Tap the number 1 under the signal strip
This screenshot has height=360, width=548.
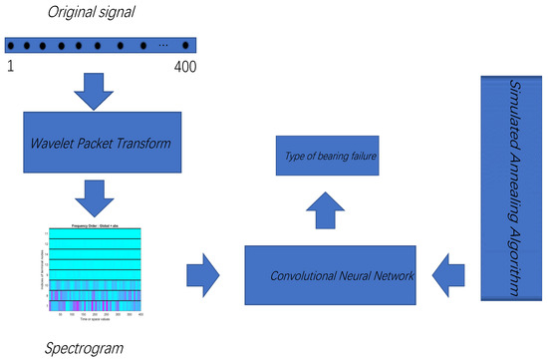tap(10, 66)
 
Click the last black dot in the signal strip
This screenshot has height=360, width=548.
tap(187, 46)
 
